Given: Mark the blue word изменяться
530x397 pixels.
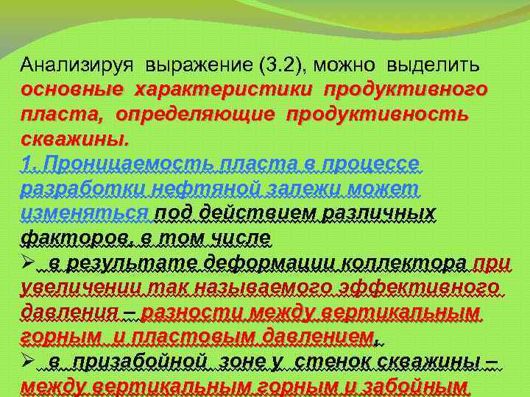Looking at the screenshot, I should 85,213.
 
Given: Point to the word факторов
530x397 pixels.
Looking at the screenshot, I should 68,237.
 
